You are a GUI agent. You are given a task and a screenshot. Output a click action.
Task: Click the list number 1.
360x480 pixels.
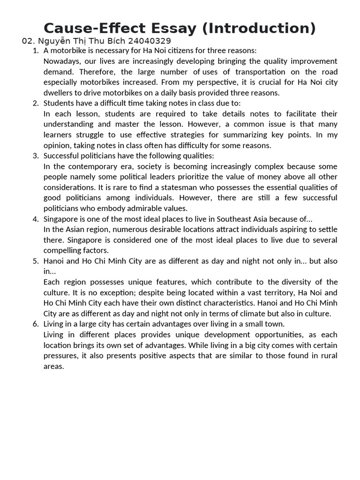click(x=36, y=51)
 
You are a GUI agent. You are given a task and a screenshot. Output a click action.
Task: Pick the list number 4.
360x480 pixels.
click(x=36, y=219)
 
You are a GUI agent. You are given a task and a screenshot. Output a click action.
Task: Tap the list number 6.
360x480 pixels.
click(x=36, y=324)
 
